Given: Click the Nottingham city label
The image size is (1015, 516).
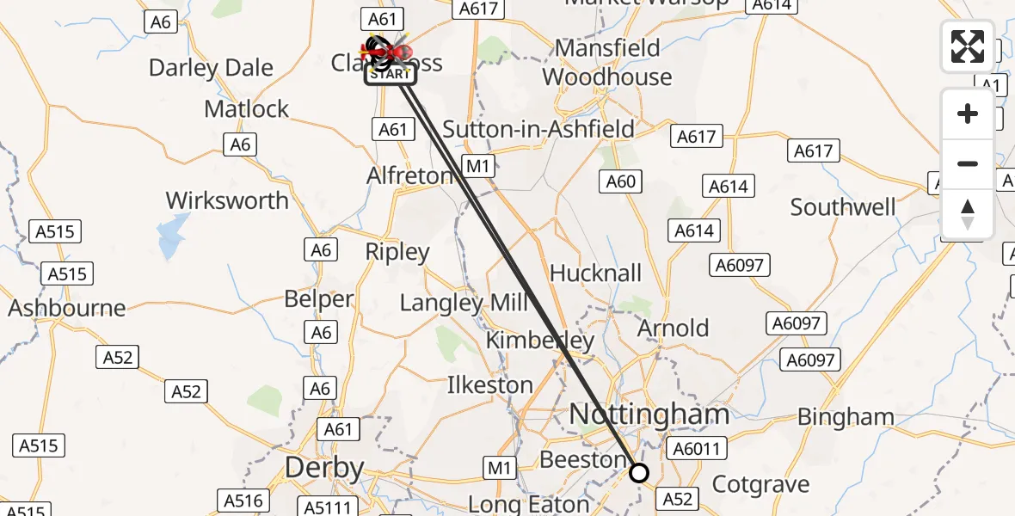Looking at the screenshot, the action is [x=649, y=415].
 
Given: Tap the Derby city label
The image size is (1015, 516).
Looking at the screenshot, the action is [x=324, y=469].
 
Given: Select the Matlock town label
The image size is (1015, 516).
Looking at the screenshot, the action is [x=247, y=109].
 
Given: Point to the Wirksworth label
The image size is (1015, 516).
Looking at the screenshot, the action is [x=227, y=200].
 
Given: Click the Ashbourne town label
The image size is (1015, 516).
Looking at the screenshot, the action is [x=67, y=308].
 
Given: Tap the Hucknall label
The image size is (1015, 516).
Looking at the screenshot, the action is [x=595, y=273].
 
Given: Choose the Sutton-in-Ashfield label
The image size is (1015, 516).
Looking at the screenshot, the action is [x=538, y=129].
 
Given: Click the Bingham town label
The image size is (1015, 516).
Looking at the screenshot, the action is [x=846, y=417].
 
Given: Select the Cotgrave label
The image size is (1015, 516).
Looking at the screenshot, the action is [x=761, y=484].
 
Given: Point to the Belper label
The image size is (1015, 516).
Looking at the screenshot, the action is [x=319, y=299].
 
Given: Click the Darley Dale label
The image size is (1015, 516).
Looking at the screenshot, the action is [x=211, y=67].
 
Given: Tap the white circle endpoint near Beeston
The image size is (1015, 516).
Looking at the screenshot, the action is [x=639, y=472].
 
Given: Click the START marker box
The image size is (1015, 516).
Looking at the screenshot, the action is [x=391, y=75].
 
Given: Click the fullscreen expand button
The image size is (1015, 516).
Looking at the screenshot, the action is [x=968, y=46].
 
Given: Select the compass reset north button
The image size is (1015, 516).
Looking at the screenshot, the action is [x=968, y=213].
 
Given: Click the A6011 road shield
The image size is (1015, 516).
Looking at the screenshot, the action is [x=699, y=448].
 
